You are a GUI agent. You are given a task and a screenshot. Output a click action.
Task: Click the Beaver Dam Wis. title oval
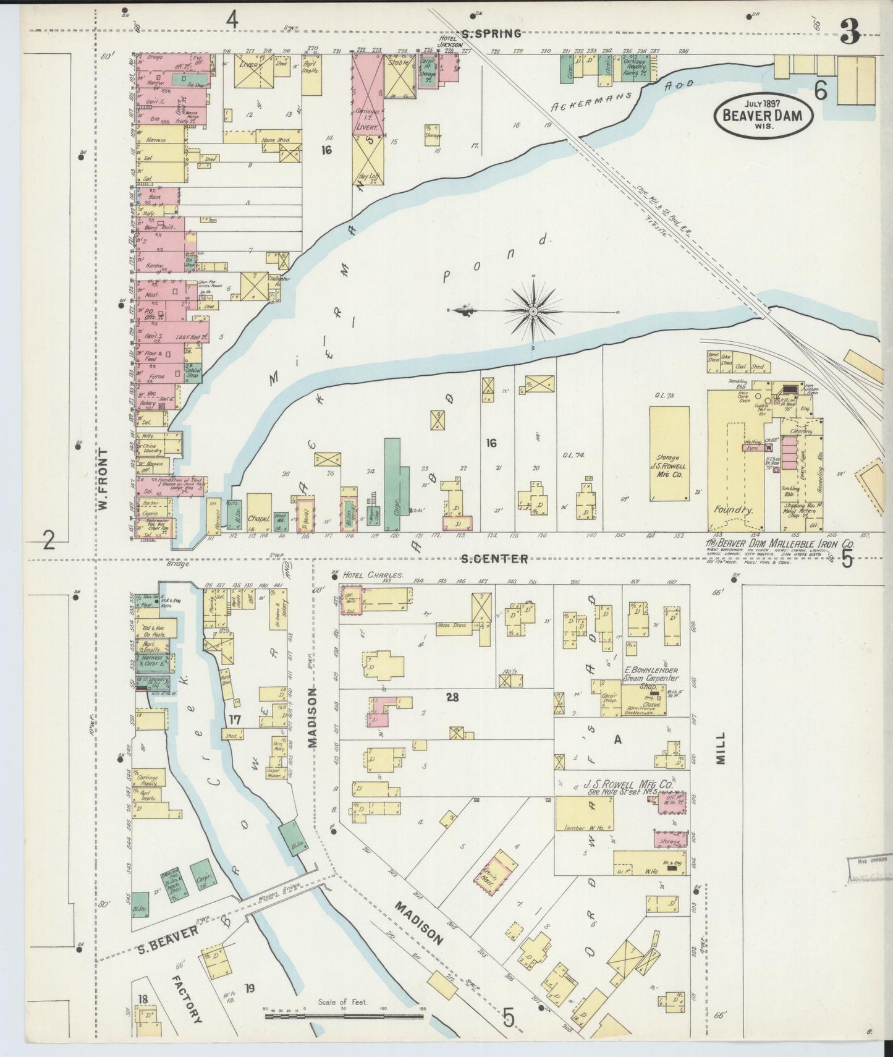pyautogui.click(x=763, y=114)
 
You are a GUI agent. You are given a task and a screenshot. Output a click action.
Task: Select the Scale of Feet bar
pyautogui.click(x=343, y=1016)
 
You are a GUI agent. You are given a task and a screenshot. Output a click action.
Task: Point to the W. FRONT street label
pyautogui.click(x=104, y=479)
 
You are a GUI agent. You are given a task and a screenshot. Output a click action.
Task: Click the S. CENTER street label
pyautogui.click(x=495, y=559)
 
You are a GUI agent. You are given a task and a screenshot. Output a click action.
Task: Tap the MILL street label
pyautogui.click(x=721, y=749)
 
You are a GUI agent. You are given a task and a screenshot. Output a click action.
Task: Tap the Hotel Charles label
pyautogui.click(x=373, y=575)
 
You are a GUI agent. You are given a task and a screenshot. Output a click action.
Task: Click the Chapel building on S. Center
pyautogui.click(x=259, y=512)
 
